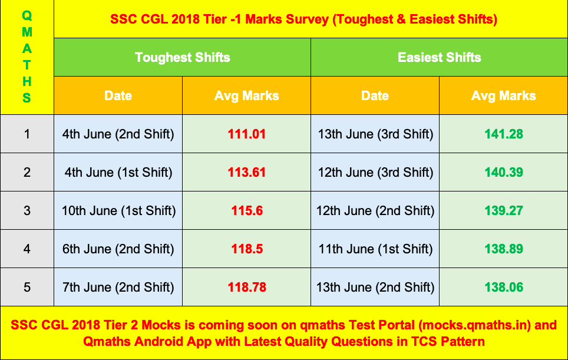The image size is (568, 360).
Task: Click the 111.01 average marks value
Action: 247,134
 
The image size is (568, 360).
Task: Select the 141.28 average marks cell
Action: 504,134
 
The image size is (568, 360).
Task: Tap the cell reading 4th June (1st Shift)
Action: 118,173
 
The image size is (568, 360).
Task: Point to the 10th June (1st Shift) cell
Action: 118,211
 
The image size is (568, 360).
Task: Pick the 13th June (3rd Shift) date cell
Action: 375,134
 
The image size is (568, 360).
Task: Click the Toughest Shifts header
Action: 182,58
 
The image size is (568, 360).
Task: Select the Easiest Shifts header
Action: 439,58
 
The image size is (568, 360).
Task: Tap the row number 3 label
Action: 27,211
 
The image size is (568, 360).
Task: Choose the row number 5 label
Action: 27,288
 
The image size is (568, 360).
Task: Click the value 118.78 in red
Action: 247,288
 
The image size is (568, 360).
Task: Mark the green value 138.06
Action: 504,288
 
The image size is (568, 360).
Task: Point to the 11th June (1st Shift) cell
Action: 375,249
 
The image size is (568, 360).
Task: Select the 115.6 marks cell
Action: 247,211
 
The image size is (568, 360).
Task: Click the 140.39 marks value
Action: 504,173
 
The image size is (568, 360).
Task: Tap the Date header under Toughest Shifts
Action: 118,95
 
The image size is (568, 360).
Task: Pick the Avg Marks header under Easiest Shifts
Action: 504,95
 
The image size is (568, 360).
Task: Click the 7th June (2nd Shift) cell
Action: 118,288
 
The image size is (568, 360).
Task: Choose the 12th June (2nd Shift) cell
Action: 375,211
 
